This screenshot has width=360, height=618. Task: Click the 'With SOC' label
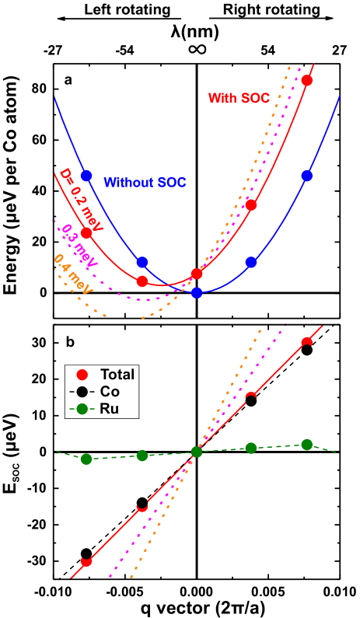(x=239, y=98)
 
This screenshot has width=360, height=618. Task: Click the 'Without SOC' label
(x=145, y=183)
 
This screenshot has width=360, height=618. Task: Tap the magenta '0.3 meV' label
(x=79, y=247)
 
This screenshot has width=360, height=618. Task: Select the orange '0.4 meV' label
(x=72, y=274)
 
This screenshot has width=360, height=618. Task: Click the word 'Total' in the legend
(x=117, y=374)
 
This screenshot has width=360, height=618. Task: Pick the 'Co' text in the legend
(x=110, y=392)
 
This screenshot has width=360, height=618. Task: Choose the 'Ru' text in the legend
(x=110, y=409)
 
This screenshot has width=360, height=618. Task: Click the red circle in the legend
(x=82, y=374)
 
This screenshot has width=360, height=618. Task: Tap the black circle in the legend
(x=82, y=392)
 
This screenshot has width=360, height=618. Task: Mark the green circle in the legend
(x=82, y=409)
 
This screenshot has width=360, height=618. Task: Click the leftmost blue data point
(x=86, y=176)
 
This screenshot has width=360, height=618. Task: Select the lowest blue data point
(x=197, y=292)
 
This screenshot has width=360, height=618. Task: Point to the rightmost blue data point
(x=307, y=176)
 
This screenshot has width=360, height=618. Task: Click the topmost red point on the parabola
(x=307, y=80)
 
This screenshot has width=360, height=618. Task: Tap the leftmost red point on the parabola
(x=86, y=232)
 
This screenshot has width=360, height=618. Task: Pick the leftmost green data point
(x=86, y=459)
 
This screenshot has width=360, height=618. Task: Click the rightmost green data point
(x=307, y=445)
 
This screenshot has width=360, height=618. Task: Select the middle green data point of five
(x=197, y=452)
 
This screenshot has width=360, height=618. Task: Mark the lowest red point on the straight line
(x=86, y=561)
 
